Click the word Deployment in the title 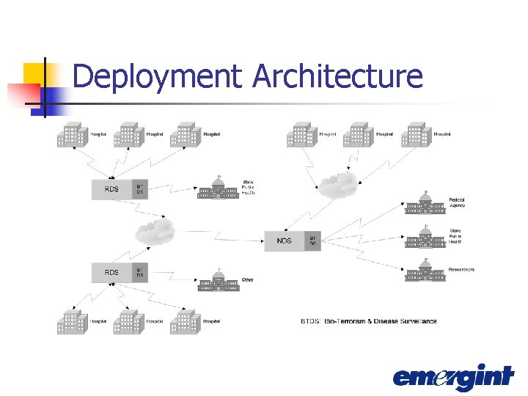coord(158,76)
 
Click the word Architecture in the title coord(337,76)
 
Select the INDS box coord(284,241)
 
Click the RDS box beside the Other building coord(111,273)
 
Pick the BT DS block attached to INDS coord(312,241)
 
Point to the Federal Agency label coord(458,202)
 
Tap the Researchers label coord(461,270)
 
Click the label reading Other coord(248,279)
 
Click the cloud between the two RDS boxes coord(155,232)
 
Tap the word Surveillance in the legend coord(418,321)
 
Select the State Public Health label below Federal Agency coord(456,237)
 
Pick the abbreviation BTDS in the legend coord(310,321)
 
